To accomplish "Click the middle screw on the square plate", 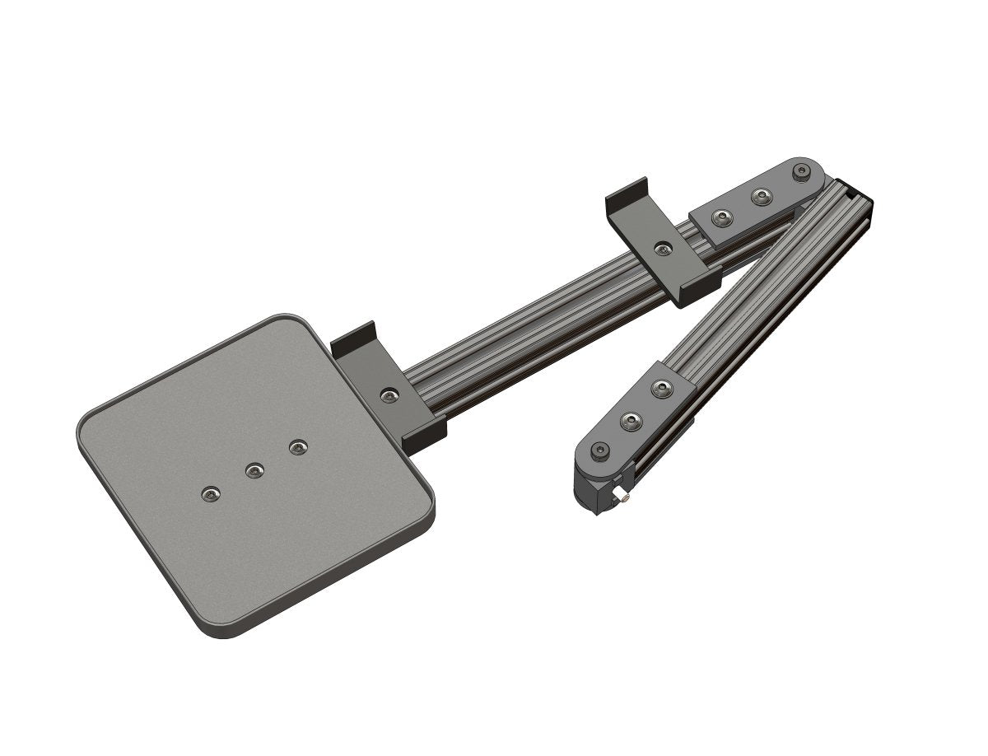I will click(255, 470).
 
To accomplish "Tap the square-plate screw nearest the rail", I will click(297, 447).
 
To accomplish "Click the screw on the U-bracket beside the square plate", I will click(389, 396).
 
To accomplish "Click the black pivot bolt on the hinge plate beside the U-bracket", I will click(799, 172).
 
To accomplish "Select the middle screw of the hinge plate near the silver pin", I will click(631, 421).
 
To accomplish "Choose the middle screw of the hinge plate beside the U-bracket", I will click(762, 197).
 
